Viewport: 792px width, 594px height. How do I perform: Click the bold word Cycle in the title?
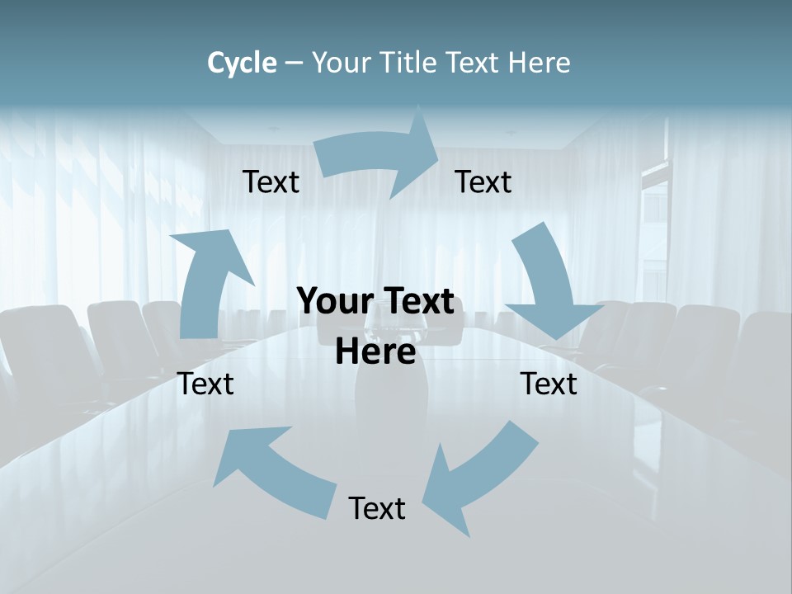point(242,63)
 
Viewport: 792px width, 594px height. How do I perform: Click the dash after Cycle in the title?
point(293,64)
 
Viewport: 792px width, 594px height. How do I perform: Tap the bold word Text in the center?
point(415,301)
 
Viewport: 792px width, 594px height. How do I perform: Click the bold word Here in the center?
point(375,351)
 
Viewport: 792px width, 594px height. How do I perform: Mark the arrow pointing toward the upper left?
point(272,470)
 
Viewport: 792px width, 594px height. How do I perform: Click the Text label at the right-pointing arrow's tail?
point(271,182)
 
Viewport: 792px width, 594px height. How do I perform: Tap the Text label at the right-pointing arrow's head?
point(483,182)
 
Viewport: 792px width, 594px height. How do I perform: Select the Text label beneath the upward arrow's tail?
point(205,384)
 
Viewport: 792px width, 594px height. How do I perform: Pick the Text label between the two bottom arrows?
point(377,508)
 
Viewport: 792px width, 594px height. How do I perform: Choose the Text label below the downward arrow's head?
point(549,384)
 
